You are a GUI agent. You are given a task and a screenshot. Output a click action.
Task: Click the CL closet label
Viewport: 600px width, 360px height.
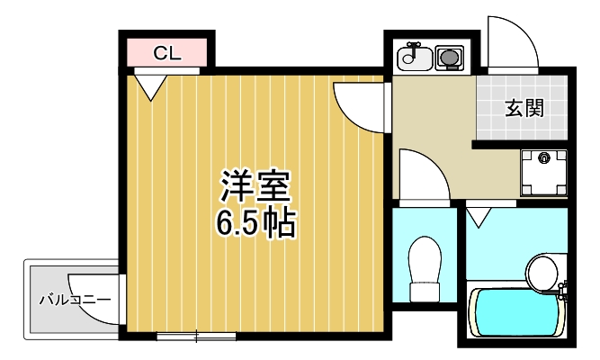coord(167,53)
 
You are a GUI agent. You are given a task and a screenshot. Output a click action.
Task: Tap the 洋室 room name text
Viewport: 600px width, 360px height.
coord(255,186)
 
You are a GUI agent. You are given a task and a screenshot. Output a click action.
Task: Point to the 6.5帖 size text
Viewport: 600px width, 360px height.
coord(255,222)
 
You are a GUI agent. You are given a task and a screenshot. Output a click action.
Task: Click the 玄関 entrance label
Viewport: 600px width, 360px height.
coord(523,109)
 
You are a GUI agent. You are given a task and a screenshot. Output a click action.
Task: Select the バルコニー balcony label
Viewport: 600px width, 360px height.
coord(74,299)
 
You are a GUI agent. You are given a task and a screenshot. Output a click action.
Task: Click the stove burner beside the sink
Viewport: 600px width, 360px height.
coord(447,58)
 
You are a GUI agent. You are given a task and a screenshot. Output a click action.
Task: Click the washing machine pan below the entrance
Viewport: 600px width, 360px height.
coord(543,169)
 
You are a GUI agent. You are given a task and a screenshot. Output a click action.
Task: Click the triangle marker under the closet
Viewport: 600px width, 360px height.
coord(150,85)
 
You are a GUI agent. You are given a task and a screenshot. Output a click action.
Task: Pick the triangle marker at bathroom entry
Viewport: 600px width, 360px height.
coord(479,216)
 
